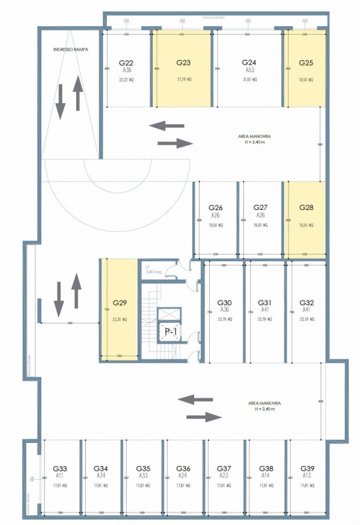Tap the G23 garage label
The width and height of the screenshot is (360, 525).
(x=184, y=63)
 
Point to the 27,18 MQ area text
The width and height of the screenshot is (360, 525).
(x=184, y=79)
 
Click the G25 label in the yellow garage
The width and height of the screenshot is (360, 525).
(x=306, y=63)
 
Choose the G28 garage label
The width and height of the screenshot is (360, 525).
(x=306, y=207)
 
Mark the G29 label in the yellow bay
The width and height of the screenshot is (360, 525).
(x=119, y=303)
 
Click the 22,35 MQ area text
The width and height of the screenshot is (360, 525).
(x=119, y=320)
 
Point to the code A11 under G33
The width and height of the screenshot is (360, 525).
(x=60, y=474)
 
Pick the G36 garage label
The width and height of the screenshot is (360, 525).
(x=184, y=469)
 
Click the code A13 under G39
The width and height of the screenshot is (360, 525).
(x=307, y=474)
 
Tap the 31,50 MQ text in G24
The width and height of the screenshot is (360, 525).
(x=249, y=79)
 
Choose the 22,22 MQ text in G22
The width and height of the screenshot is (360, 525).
(x=126, y=79)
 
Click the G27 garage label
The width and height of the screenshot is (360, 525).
(x=260, y=207)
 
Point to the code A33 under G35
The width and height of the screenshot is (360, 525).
(x=142, y=474)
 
